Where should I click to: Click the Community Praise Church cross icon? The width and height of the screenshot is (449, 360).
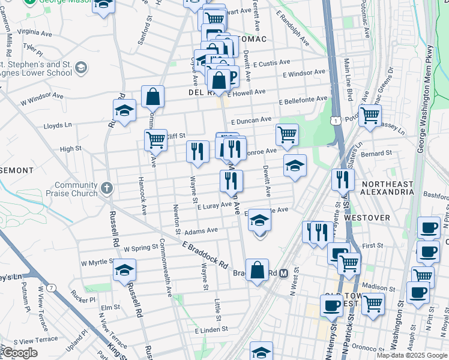pos(107,188)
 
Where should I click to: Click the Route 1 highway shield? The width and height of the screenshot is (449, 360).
pos(335,121)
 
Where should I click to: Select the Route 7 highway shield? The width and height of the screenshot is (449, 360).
pos(52,289)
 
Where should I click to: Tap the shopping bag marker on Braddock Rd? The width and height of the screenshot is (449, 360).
pos(257,270)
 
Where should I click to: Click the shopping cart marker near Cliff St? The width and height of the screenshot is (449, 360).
pos(155,140)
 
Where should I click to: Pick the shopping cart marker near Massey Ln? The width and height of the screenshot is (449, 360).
pos(370,115)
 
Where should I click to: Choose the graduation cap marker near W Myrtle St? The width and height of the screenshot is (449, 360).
pos(124,269)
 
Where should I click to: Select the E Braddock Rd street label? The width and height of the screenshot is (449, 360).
pos(205,254)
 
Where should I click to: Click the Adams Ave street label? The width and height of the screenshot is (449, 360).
pos(201,230)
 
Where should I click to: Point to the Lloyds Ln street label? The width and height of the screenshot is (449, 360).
pos(58,126)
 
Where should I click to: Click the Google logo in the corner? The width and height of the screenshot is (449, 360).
pos(20,353)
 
